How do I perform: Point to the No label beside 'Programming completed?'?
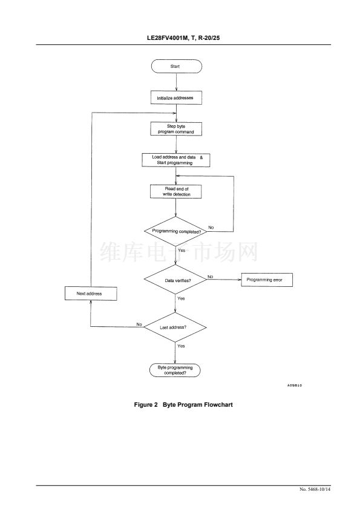(211, 228)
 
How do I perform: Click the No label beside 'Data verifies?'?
(211, 277)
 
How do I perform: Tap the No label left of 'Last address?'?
(139, 324)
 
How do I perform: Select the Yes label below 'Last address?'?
(181, 346)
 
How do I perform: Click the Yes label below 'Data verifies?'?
(181, 298)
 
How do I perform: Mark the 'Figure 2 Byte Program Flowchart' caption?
(183, 404)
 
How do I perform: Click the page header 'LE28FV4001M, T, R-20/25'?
(183, 38)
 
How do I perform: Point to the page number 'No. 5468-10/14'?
(315, 489)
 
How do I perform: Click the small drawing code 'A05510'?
(295, 386)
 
